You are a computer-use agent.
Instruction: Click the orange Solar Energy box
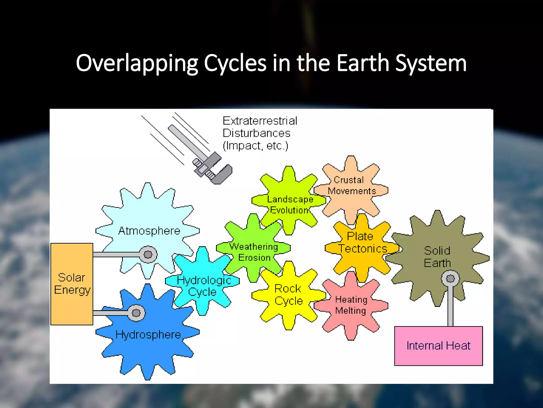(x=72, y=284)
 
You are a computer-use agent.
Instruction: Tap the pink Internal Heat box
(x=438, y=346)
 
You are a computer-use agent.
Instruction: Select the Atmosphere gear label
(x=149, y=231)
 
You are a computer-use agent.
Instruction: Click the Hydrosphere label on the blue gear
(x=148, y=335)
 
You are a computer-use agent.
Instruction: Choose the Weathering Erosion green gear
(x=254, y=252)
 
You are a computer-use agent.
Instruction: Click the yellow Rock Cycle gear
(x=288, y=295)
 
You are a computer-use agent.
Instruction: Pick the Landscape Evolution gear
(x=290, y=205)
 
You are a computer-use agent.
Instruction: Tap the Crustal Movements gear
(x=352, y=185)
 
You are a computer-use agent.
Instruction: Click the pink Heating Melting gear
(x=351, y=305)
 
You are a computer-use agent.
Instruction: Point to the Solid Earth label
(x=437, y=257)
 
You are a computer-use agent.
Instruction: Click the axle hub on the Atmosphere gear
(x=148, y=254)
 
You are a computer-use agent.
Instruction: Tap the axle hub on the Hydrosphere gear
(x=136, y=313)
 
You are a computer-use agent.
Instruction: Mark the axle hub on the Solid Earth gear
(x=450, y=278)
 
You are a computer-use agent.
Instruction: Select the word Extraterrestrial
(x=260, y=121)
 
